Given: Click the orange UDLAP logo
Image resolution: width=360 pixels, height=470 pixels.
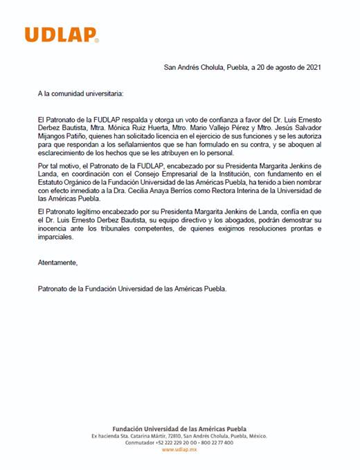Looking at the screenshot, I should [x=61, y=35].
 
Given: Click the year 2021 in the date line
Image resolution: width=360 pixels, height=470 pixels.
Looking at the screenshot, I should [x=311, y=67].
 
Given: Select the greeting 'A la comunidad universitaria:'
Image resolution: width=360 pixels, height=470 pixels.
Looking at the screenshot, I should [x=82, y=91].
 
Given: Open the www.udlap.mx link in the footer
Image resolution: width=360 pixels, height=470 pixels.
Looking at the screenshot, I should [x=179, y=449].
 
